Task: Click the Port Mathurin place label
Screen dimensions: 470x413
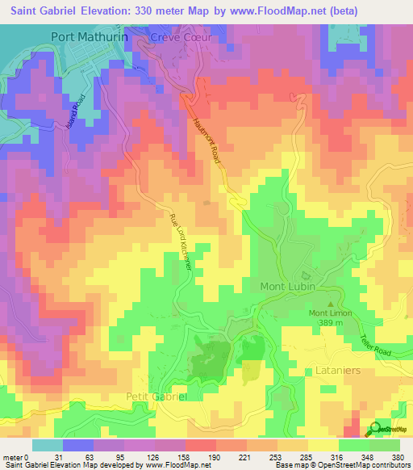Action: click(90, 36)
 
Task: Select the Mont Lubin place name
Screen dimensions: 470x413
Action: click(286, 287)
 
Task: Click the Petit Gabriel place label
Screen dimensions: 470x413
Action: click(156, 397)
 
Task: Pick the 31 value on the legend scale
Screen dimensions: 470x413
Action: click(57, 457)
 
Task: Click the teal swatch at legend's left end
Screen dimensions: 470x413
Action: click(47, 445)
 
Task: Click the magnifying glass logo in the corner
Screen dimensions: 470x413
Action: click(375, 429)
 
